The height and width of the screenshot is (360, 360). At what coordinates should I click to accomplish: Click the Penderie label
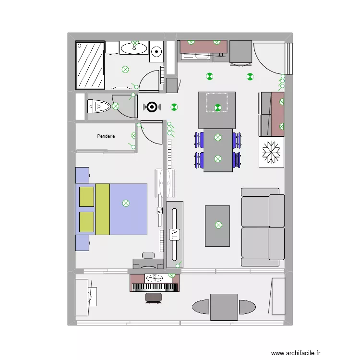click(106, 136)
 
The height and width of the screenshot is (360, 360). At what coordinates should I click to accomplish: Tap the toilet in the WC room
click(98, 106)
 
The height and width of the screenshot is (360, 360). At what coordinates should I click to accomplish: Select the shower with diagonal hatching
click(90, 65)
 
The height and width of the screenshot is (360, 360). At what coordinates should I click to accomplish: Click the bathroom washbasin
click(134, 48)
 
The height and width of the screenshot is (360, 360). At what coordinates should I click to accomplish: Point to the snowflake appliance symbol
click(271, 152)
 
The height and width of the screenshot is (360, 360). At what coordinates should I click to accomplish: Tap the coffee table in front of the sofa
click(217, 226)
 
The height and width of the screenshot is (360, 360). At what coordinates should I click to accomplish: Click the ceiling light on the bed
click(126, 203)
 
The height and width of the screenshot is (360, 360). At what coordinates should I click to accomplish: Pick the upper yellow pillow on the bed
click(86, 197)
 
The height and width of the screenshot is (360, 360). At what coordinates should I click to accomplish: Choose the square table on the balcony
click(224, 307)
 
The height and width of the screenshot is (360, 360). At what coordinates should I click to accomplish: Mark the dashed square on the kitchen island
click(217, 103)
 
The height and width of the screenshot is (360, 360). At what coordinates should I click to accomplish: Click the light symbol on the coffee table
click(219, 225)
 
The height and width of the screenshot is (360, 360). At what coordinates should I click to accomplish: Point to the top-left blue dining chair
click(199, 140)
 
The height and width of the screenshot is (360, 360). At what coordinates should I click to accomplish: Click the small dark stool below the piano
click(154, 297)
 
